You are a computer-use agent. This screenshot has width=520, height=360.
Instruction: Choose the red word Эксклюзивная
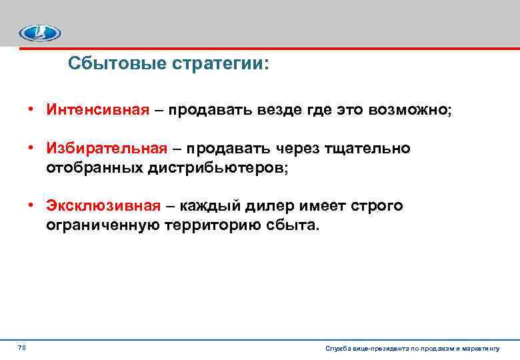[103, 206]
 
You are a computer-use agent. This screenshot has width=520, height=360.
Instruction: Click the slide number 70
[21, 347]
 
